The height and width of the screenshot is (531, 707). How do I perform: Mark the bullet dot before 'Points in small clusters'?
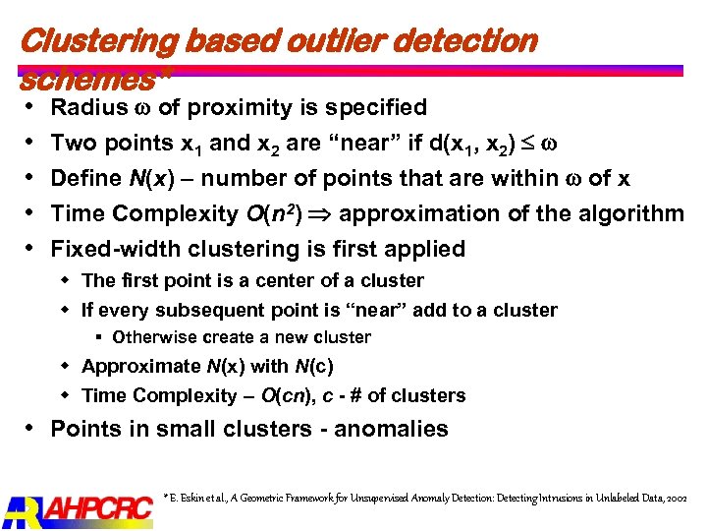(x=30, y=429)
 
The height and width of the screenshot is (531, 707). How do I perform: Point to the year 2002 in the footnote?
(x=676, y=500)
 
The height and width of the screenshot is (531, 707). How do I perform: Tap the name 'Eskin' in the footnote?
(x=197, y=500)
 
